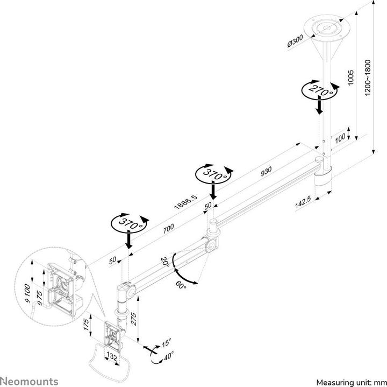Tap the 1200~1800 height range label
tap(368, 78)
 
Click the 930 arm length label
tap(266, 170)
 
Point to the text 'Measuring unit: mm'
tap(350, 382)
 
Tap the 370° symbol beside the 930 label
tap(214, 173)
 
